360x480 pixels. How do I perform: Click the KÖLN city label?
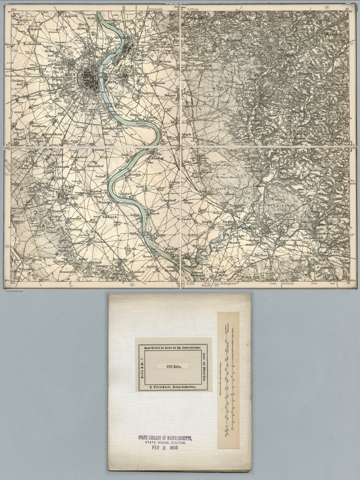[x=71, y=75]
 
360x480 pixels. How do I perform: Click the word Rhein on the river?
[x=141, y=123]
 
